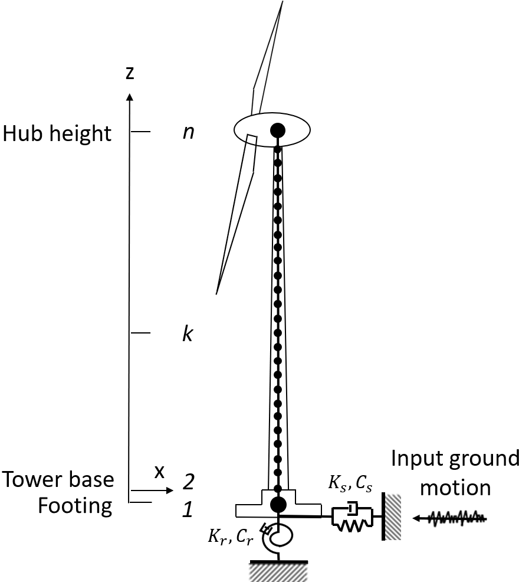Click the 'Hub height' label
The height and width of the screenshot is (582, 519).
[57, 133]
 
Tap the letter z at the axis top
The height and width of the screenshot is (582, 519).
[130, 73]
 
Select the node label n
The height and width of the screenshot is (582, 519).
[188, 132]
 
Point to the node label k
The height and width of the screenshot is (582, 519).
[188, 334]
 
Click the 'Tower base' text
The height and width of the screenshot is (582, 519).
[57, 479]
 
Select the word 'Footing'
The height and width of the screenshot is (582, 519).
[75, 506]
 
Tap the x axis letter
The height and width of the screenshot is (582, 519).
[158, 472]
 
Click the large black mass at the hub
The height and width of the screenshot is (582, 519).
[278, 130]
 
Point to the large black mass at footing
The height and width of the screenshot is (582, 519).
[278, 504]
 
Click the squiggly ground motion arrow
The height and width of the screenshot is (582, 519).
[451, 518]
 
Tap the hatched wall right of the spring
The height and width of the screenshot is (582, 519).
[392, 516]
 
